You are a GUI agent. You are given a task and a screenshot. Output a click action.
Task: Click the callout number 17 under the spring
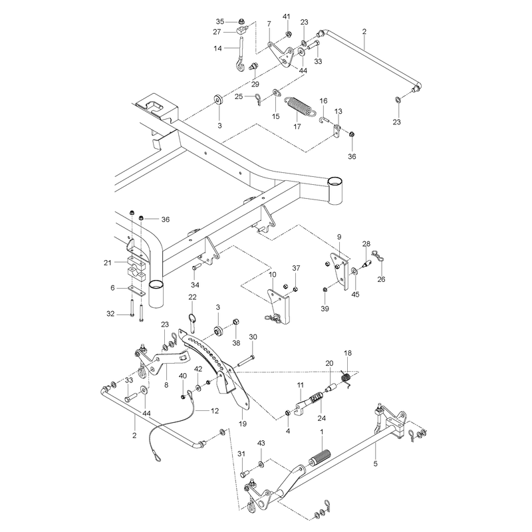[297, 126]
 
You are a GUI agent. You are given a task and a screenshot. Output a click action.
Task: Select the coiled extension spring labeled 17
[300, 106]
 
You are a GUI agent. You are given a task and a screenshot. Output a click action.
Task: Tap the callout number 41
[287, 17]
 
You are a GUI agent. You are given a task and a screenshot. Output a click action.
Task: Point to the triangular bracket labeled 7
[281, 55]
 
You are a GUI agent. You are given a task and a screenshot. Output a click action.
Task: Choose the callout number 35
[220, 22]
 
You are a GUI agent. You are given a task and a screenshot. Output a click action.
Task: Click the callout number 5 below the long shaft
[375, 464]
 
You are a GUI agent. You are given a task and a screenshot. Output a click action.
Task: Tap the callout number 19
[243, 424]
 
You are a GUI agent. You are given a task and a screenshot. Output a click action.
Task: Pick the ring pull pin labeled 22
[192, 323]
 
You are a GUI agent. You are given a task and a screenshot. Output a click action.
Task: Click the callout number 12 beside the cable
[215, 411]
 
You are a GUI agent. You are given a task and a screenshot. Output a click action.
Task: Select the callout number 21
[108, 263]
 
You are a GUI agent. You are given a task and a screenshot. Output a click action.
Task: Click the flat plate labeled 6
[136, 291]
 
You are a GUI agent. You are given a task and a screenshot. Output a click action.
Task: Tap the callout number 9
[339, 237]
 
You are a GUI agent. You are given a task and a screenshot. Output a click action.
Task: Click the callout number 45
[355, 295]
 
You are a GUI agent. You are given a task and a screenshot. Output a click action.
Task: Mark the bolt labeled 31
[245, 473]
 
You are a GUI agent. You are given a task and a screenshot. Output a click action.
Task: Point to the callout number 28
[366, 243]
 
